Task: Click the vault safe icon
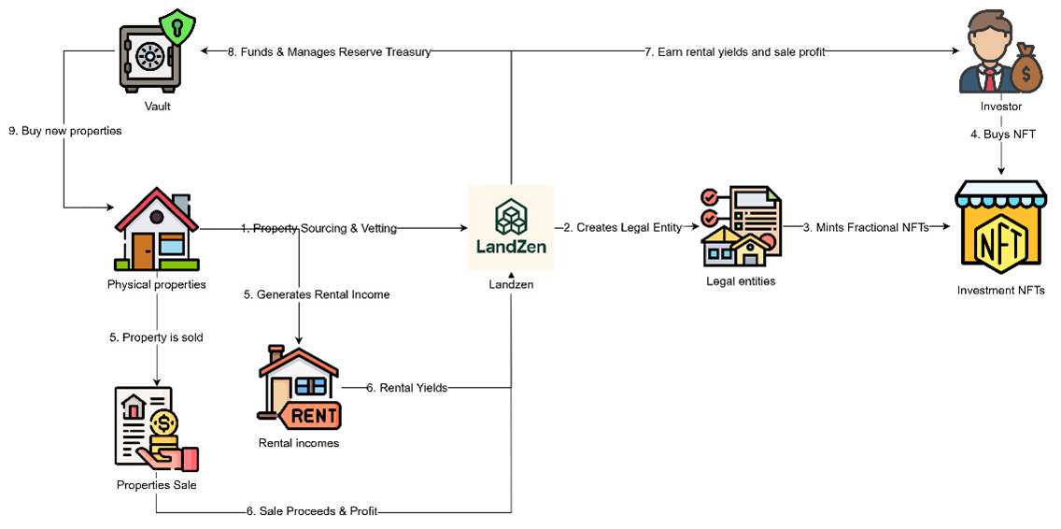tap(149, 59)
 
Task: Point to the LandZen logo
tap(511, 227)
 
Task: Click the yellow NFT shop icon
tap(1000, 234)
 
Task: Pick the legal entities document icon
tap(742, 226)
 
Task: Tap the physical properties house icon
tap(156, 231)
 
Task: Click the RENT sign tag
tap(312, 414)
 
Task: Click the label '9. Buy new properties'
tap(65, 132)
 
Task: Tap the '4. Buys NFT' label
tap(1003, 135)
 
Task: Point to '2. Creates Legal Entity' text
tap(622, 227)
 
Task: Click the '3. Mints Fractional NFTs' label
tap(866, 227)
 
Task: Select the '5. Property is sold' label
tap(156, 337)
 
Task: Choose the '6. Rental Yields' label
tap(406, 388)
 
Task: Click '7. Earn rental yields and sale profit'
tap(734, 52)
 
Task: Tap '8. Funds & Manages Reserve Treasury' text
tap(329, 52)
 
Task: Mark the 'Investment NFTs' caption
tap(1000, 291)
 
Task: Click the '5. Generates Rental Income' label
tap(316, 294)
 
